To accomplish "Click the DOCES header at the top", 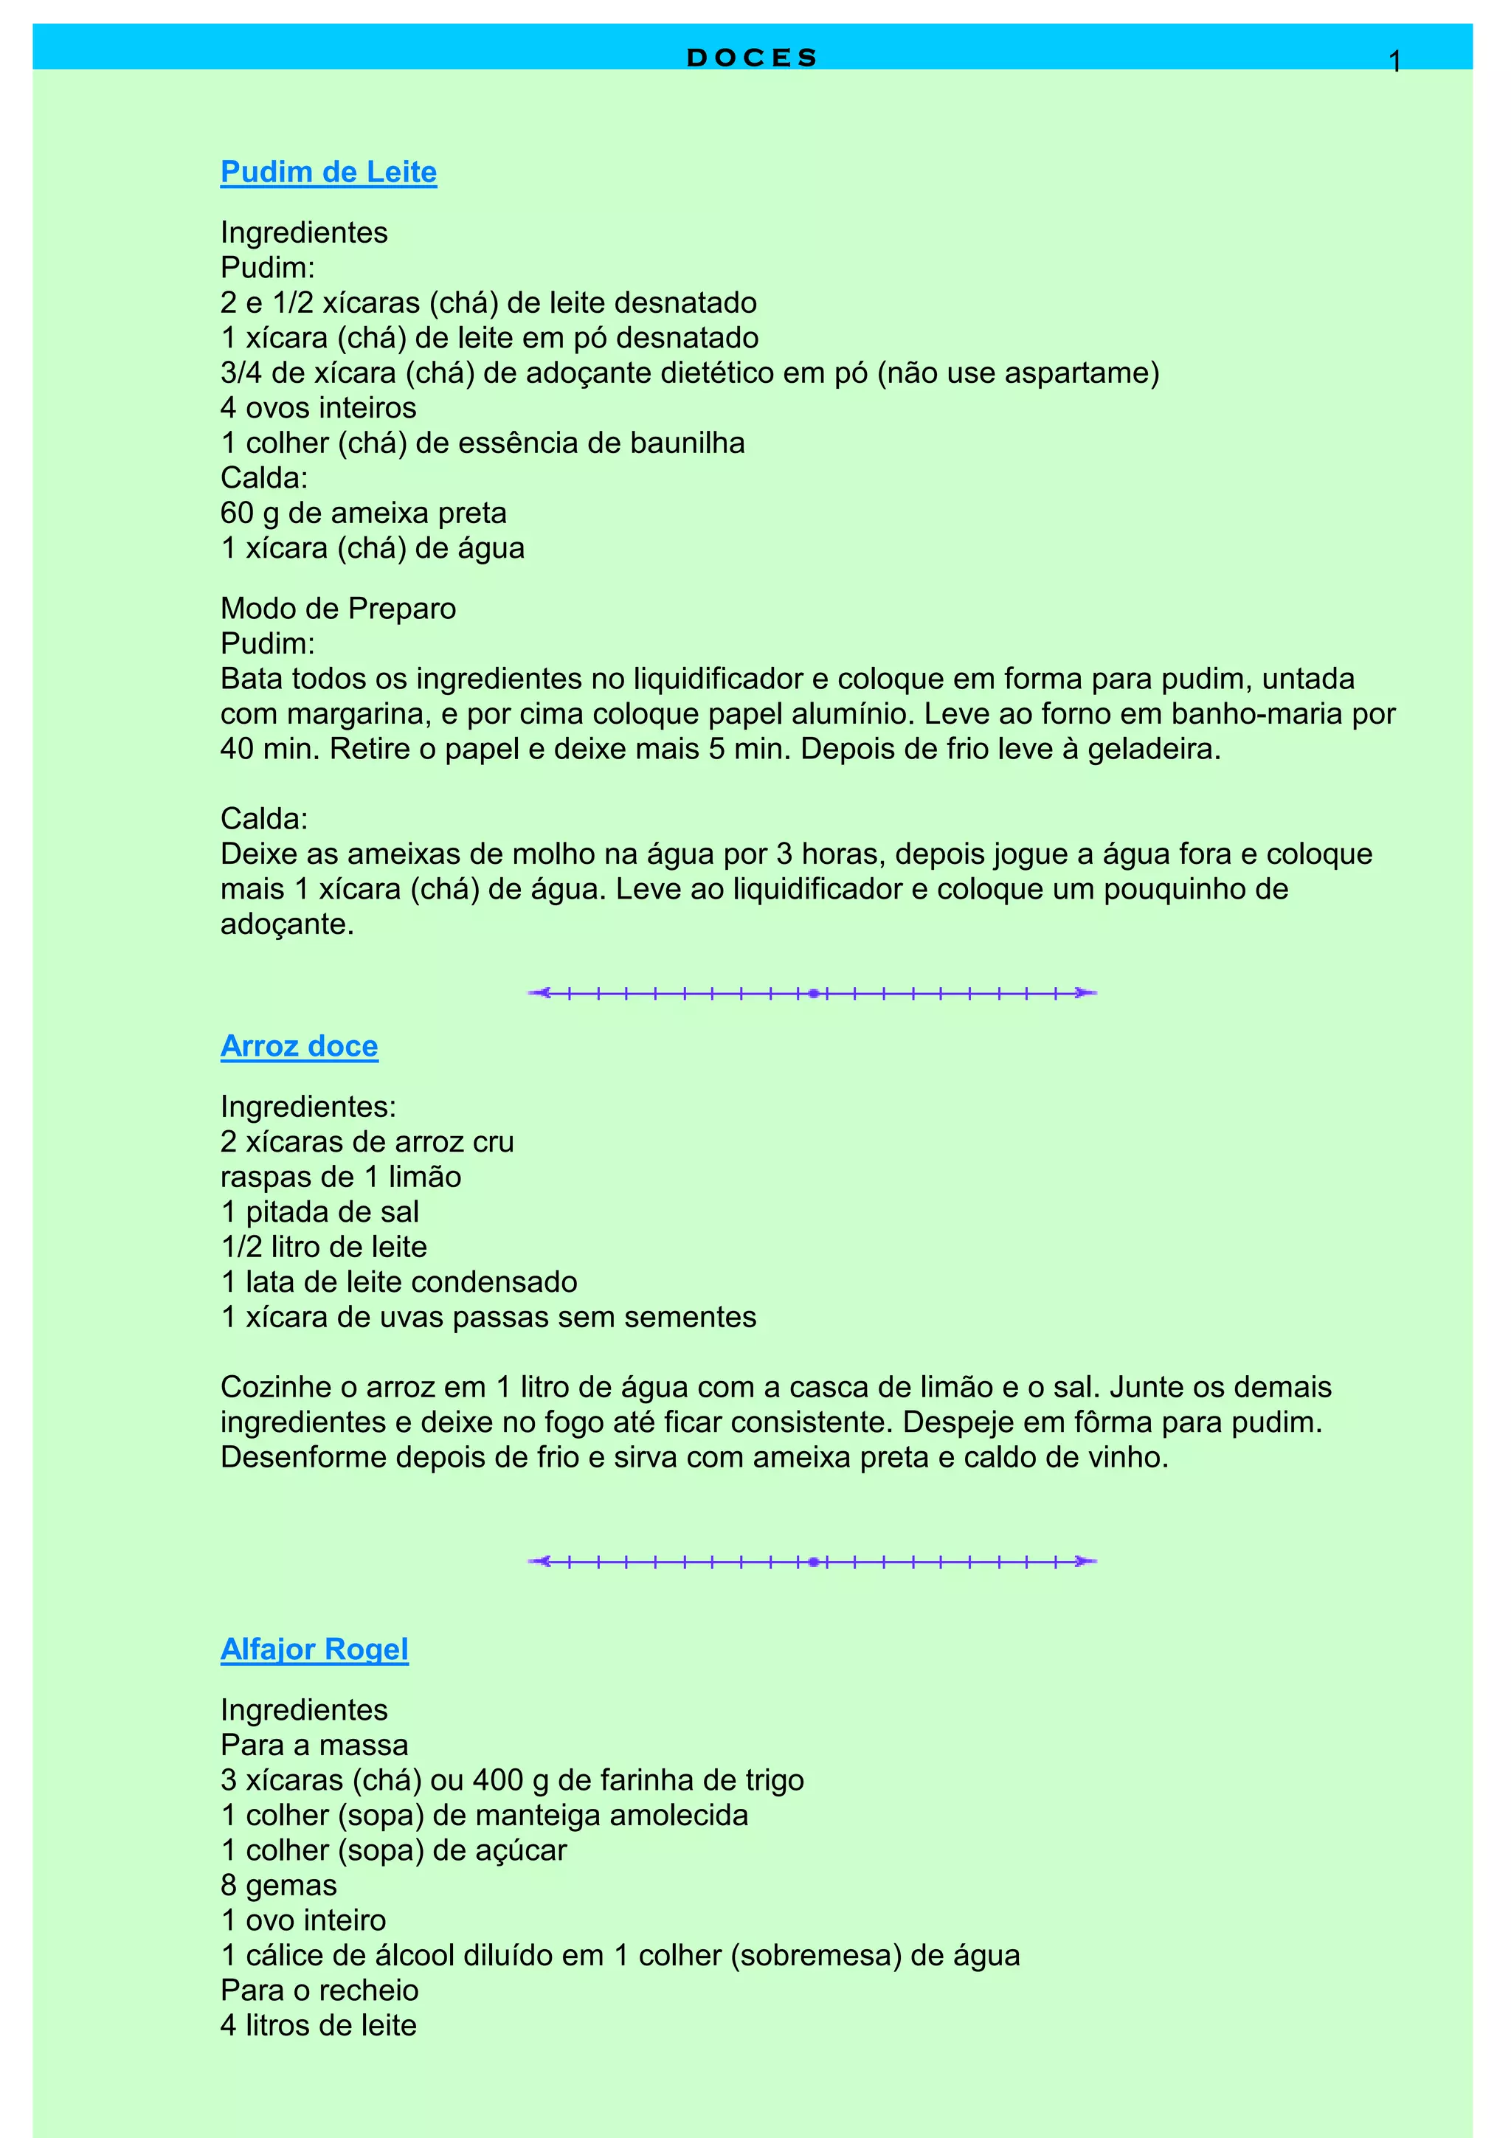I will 751,58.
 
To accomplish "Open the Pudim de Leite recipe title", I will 328,173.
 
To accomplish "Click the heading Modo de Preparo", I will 338,609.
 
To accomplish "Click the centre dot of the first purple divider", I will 814,994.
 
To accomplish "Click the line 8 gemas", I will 278,1886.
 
